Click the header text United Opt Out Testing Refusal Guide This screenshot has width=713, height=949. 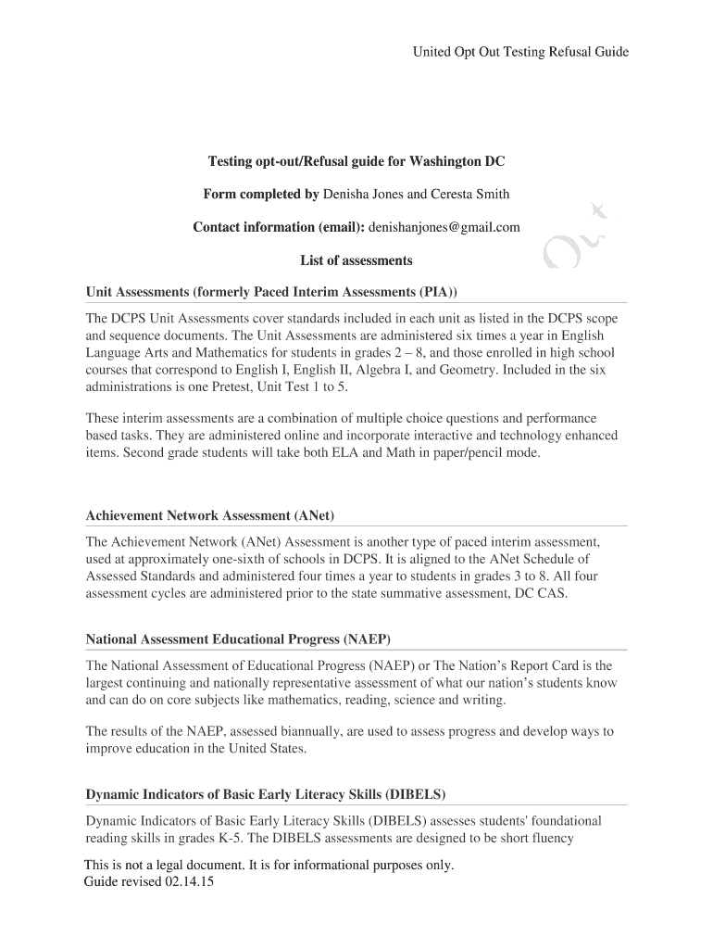click(x=520, y=52)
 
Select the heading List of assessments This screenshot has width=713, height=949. click(x=356, y=260)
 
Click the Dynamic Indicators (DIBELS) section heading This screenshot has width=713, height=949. click(x=266, y=794)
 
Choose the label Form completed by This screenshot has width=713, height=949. click(x=261, y=194)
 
